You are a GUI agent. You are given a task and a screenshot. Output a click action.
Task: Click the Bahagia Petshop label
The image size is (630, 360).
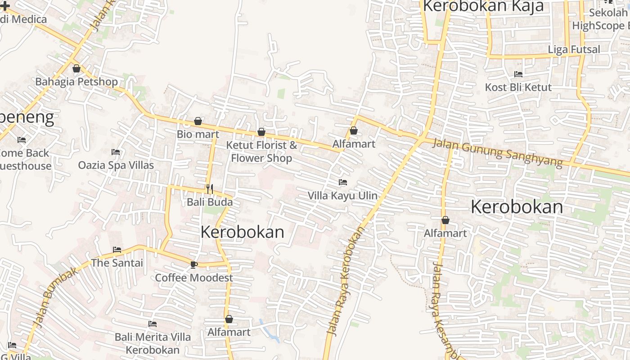click(x=76, y=82)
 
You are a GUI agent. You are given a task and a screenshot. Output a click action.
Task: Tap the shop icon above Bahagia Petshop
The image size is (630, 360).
click(x=76, y=69)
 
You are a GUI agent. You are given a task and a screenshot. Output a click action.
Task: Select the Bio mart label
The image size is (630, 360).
click(x=198, y=134)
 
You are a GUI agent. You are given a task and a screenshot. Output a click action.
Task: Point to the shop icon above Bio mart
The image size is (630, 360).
click(x=198, y=121)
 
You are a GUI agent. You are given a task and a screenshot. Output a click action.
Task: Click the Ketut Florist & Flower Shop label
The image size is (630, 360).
click(x=261, y=152)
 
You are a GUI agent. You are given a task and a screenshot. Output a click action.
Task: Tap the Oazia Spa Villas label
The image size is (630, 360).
click(x=116, y=165)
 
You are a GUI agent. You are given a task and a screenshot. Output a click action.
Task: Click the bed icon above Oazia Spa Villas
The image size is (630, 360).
click(x=116, y=152)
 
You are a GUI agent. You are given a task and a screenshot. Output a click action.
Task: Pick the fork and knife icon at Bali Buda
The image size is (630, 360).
click(x=209, y=188)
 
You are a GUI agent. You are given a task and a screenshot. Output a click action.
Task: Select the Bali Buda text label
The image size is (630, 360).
click(x=210, y=202)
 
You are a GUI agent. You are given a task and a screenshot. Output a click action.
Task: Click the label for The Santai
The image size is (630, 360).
click(x=117, y=263)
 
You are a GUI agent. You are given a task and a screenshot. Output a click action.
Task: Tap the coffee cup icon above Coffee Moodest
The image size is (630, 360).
click(x=193, y=264)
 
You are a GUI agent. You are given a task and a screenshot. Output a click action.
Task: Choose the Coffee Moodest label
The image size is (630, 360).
click(x=194, y=278)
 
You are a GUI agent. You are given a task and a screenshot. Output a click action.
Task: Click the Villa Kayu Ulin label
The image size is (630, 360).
click(x=342, y=196)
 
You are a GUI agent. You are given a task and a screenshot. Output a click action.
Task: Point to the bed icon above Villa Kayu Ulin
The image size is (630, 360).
click(x=343, y=182)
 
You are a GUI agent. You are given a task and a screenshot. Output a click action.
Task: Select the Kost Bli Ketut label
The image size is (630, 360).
click(x=518, y=87)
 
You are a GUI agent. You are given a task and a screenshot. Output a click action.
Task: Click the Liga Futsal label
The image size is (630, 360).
click(x=574, y=49)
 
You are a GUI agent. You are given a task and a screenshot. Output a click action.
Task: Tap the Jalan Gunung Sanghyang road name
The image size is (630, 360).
click(x=497, y=153)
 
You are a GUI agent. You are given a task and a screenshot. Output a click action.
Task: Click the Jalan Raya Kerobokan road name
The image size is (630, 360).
click(x=346, y=281)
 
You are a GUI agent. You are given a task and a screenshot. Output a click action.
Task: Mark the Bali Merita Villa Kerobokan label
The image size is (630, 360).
click(x=153, y=343)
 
